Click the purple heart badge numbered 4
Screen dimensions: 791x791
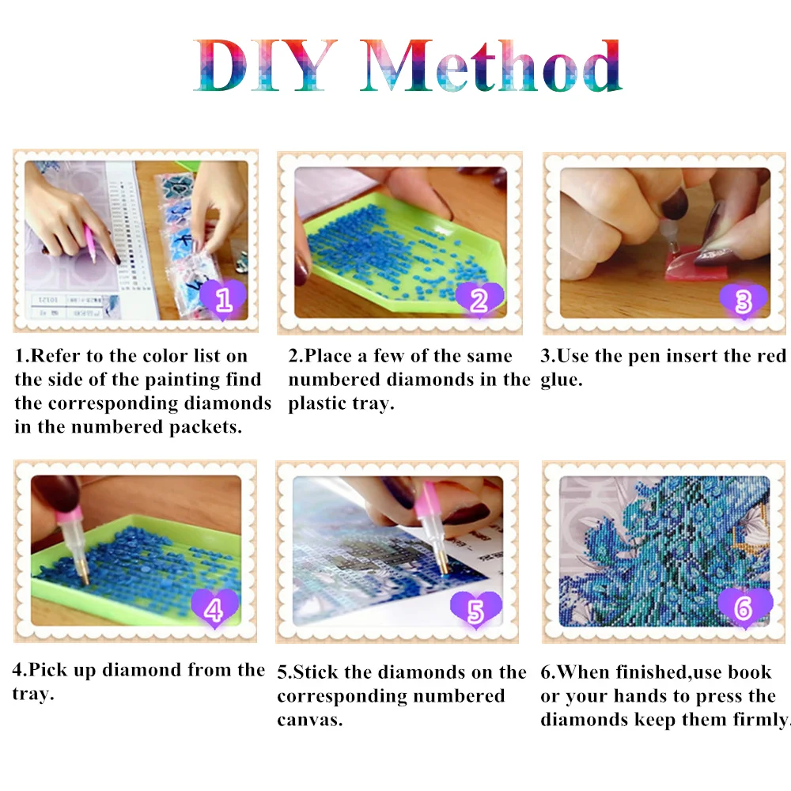click(214, 610)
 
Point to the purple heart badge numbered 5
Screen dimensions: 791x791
click(475, 610)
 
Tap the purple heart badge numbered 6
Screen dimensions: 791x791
click(743, 608)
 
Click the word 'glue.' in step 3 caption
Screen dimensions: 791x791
click(562, 380)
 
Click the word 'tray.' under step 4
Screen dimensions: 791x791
click(33, 694)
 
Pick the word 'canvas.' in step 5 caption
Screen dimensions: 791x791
click(309, 721)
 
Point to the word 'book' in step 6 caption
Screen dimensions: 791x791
click(749, 672)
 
